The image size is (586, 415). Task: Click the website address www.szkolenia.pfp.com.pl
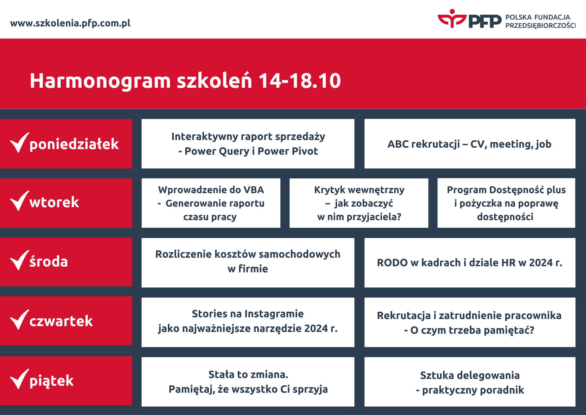point(70,23)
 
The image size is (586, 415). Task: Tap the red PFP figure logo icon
point(452,18)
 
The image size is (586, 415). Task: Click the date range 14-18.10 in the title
point(300,80)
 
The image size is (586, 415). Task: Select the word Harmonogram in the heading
point(100,81)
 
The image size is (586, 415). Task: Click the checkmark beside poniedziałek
point(20,143)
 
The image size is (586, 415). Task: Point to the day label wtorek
point(54,202)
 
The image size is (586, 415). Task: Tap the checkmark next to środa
point(20,260)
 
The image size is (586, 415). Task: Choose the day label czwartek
point(61,321)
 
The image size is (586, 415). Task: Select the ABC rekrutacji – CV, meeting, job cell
point(470,144)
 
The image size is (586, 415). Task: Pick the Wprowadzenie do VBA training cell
point(211,203)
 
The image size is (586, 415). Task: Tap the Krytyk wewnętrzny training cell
point(359,203)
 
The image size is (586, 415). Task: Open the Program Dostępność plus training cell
point(506,203)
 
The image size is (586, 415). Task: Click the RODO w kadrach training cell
point(470,263)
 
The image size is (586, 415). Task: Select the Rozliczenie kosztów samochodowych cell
point(248,263)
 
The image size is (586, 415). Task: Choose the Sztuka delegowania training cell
point(470,382)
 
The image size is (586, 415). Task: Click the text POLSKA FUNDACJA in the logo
point(538,17)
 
